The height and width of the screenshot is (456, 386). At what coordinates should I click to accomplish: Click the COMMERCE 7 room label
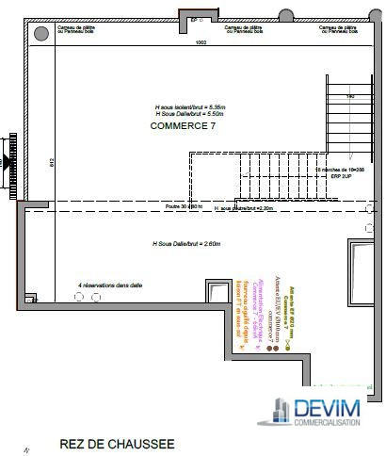184,125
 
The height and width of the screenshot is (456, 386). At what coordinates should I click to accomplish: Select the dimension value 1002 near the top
201,43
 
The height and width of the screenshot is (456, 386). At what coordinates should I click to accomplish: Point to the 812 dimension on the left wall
24,161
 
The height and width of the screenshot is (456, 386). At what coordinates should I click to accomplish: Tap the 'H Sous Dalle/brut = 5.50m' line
187,113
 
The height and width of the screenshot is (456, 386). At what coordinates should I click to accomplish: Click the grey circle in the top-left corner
41,33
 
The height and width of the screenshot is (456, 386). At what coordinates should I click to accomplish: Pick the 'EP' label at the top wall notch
194,18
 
